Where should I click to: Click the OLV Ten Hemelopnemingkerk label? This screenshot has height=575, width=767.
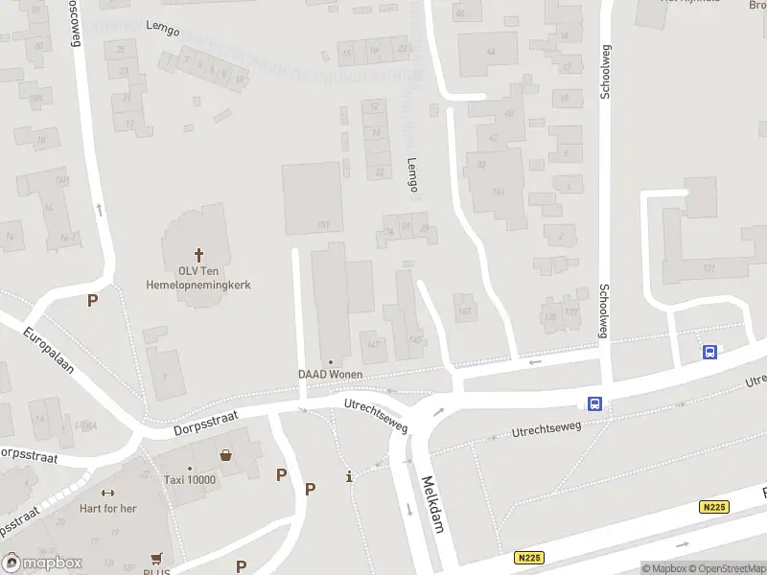pyautogui.click(x=198, y=277)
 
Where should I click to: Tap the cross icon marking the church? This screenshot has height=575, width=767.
pyautogui.click(x=199, y=255)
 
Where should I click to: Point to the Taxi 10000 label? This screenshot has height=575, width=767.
pyautogui.click(x=190, y=480)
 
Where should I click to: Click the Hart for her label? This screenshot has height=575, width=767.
pyautogui.click(x=108, y=509)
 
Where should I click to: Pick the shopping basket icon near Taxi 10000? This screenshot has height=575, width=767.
pyautogui.click(x=226, y=456)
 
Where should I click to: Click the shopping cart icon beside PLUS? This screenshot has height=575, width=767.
pyautogui.click(x=154, y=558)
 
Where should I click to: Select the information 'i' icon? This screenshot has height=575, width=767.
pyautogui.click(x=350, y=476)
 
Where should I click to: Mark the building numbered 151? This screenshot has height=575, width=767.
pyautogui.click(x=324, y=225)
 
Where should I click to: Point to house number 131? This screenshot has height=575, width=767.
pyautogui.click(x=709, y=267)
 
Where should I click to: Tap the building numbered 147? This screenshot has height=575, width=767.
pyautogui.click(x=373, y=344)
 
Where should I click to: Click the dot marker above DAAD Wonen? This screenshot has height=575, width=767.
pyautogui.click(x=330, y=362)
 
